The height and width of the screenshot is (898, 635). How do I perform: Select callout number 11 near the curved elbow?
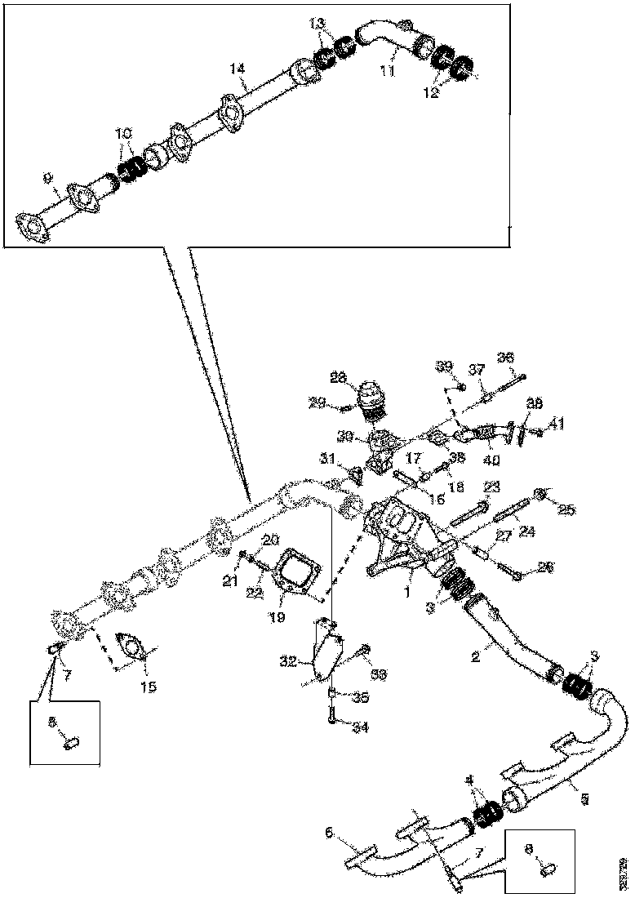[x=387, y=72]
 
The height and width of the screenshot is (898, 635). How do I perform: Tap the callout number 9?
[x=47, y=176]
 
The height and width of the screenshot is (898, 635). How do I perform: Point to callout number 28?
[x=338, y=376]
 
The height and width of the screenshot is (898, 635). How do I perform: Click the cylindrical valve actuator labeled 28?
[x=372, y=402]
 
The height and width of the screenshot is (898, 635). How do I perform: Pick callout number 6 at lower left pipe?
[x=330, y=834]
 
